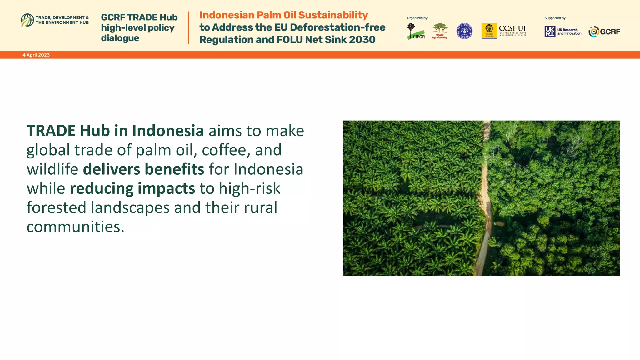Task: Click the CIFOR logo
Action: coord(416,32)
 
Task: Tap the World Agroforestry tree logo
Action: coord(440,31)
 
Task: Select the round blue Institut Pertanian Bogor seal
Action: coord(464,31)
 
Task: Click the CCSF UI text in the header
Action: coord(512,28)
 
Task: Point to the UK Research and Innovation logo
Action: coord(563,32)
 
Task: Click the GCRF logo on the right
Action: coord(604,32)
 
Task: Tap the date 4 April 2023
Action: coord(36,55)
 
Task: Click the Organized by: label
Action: coord(417,18)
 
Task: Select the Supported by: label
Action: coord(555,18)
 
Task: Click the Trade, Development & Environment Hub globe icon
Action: coord(27,20)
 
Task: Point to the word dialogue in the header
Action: coord(120,38)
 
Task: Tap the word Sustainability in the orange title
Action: coord(333,15)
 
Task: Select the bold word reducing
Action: coord(102,188)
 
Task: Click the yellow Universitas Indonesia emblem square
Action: coord(489,31)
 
